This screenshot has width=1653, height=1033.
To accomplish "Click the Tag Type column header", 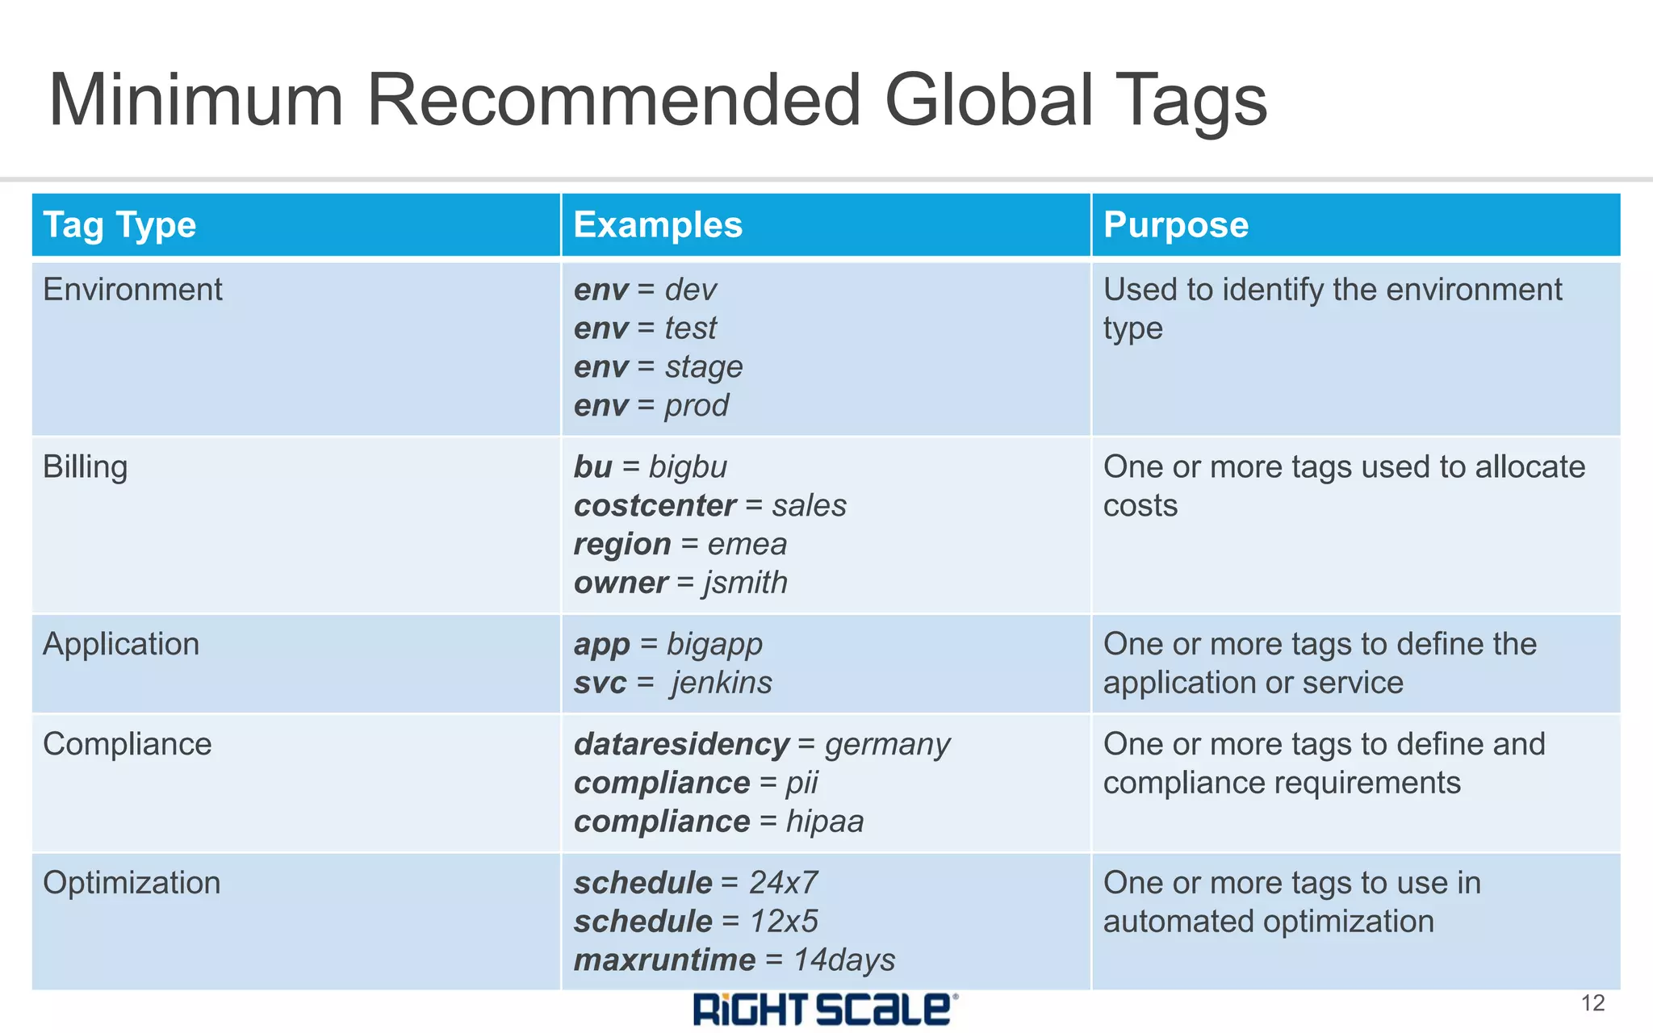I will (x=119, y=225).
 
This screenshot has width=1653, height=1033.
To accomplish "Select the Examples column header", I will (x=657, y=225).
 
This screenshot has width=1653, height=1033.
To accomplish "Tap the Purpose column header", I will (x=1175, y=225).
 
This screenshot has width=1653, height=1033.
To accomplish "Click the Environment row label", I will (x=132, y=290).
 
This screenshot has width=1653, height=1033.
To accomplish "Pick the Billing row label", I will (x=85, y=467).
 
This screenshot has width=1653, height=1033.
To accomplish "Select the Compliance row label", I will (x=127, y=744).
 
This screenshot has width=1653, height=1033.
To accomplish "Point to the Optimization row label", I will (x=132, y=883).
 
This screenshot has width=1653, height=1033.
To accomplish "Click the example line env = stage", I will (x=658, y=367).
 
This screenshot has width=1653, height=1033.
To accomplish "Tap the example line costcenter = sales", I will (x=709, y=506).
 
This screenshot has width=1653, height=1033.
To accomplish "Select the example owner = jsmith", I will (x=680, y=583).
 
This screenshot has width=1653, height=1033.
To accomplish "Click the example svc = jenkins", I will (x=672, y=683).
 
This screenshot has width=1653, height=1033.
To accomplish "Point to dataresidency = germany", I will (x=761, y=744).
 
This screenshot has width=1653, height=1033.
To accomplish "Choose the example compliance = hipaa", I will (x=718, y=822).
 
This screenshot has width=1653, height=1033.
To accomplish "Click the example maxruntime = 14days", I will (x=734, y=960).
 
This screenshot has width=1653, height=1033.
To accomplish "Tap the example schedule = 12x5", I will (x=696, y=922).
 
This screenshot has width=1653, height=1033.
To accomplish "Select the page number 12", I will (x=1592, y=1003).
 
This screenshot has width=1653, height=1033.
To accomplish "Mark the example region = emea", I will (x=680, y=545).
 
